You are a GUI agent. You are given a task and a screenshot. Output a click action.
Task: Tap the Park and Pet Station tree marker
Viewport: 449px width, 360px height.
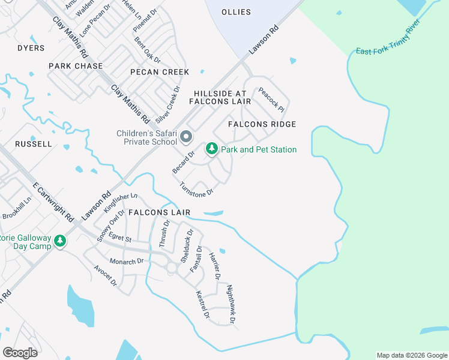pos(211,148)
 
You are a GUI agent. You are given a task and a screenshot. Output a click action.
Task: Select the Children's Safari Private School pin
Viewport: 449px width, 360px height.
pos(186,137)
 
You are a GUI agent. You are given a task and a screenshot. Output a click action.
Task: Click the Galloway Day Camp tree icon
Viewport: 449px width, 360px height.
pos(59,241)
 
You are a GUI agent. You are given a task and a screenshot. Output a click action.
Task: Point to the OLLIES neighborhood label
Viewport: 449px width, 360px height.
pos(236,12)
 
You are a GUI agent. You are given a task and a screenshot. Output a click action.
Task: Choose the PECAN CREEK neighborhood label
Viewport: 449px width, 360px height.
pos(160,72)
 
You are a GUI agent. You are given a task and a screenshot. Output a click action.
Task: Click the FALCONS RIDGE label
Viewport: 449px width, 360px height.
pos(262,124)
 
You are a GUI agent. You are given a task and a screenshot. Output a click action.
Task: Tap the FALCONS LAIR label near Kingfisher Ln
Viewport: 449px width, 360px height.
pos(159,212)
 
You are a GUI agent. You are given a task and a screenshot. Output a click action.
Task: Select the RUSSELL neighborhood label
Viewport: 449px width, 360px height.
pos(34,144)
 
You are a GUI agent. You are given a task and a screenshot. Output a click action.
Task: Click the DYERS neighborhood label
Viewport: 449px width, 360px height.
pos(31,48)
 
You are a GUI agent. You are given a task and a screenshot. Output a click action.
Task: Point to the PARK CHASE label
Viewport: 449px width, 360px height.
pos(76,66)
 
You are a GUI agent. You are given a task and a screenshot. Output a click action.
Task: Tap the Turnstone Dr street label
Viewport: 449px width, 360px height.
pos(197,189)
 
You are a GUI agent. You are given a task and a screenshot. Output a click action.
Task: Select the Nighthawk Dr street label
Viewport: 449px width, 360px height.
pos(231,305)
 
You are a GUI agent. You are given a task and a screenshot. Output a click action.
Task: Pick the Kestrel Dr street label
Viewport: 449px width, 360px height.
pos(202,305)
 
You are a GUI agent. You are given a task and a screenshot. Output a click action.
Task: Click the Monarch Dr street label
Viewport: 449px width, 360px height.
pos(127,262)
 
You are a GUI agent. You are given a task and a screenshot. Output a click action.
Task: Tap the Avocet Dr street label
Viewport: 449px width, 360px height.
pos(105,276)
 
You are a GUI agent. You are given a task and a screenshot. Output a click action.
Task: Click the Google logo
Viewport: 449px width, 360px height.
pos(20,352)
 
